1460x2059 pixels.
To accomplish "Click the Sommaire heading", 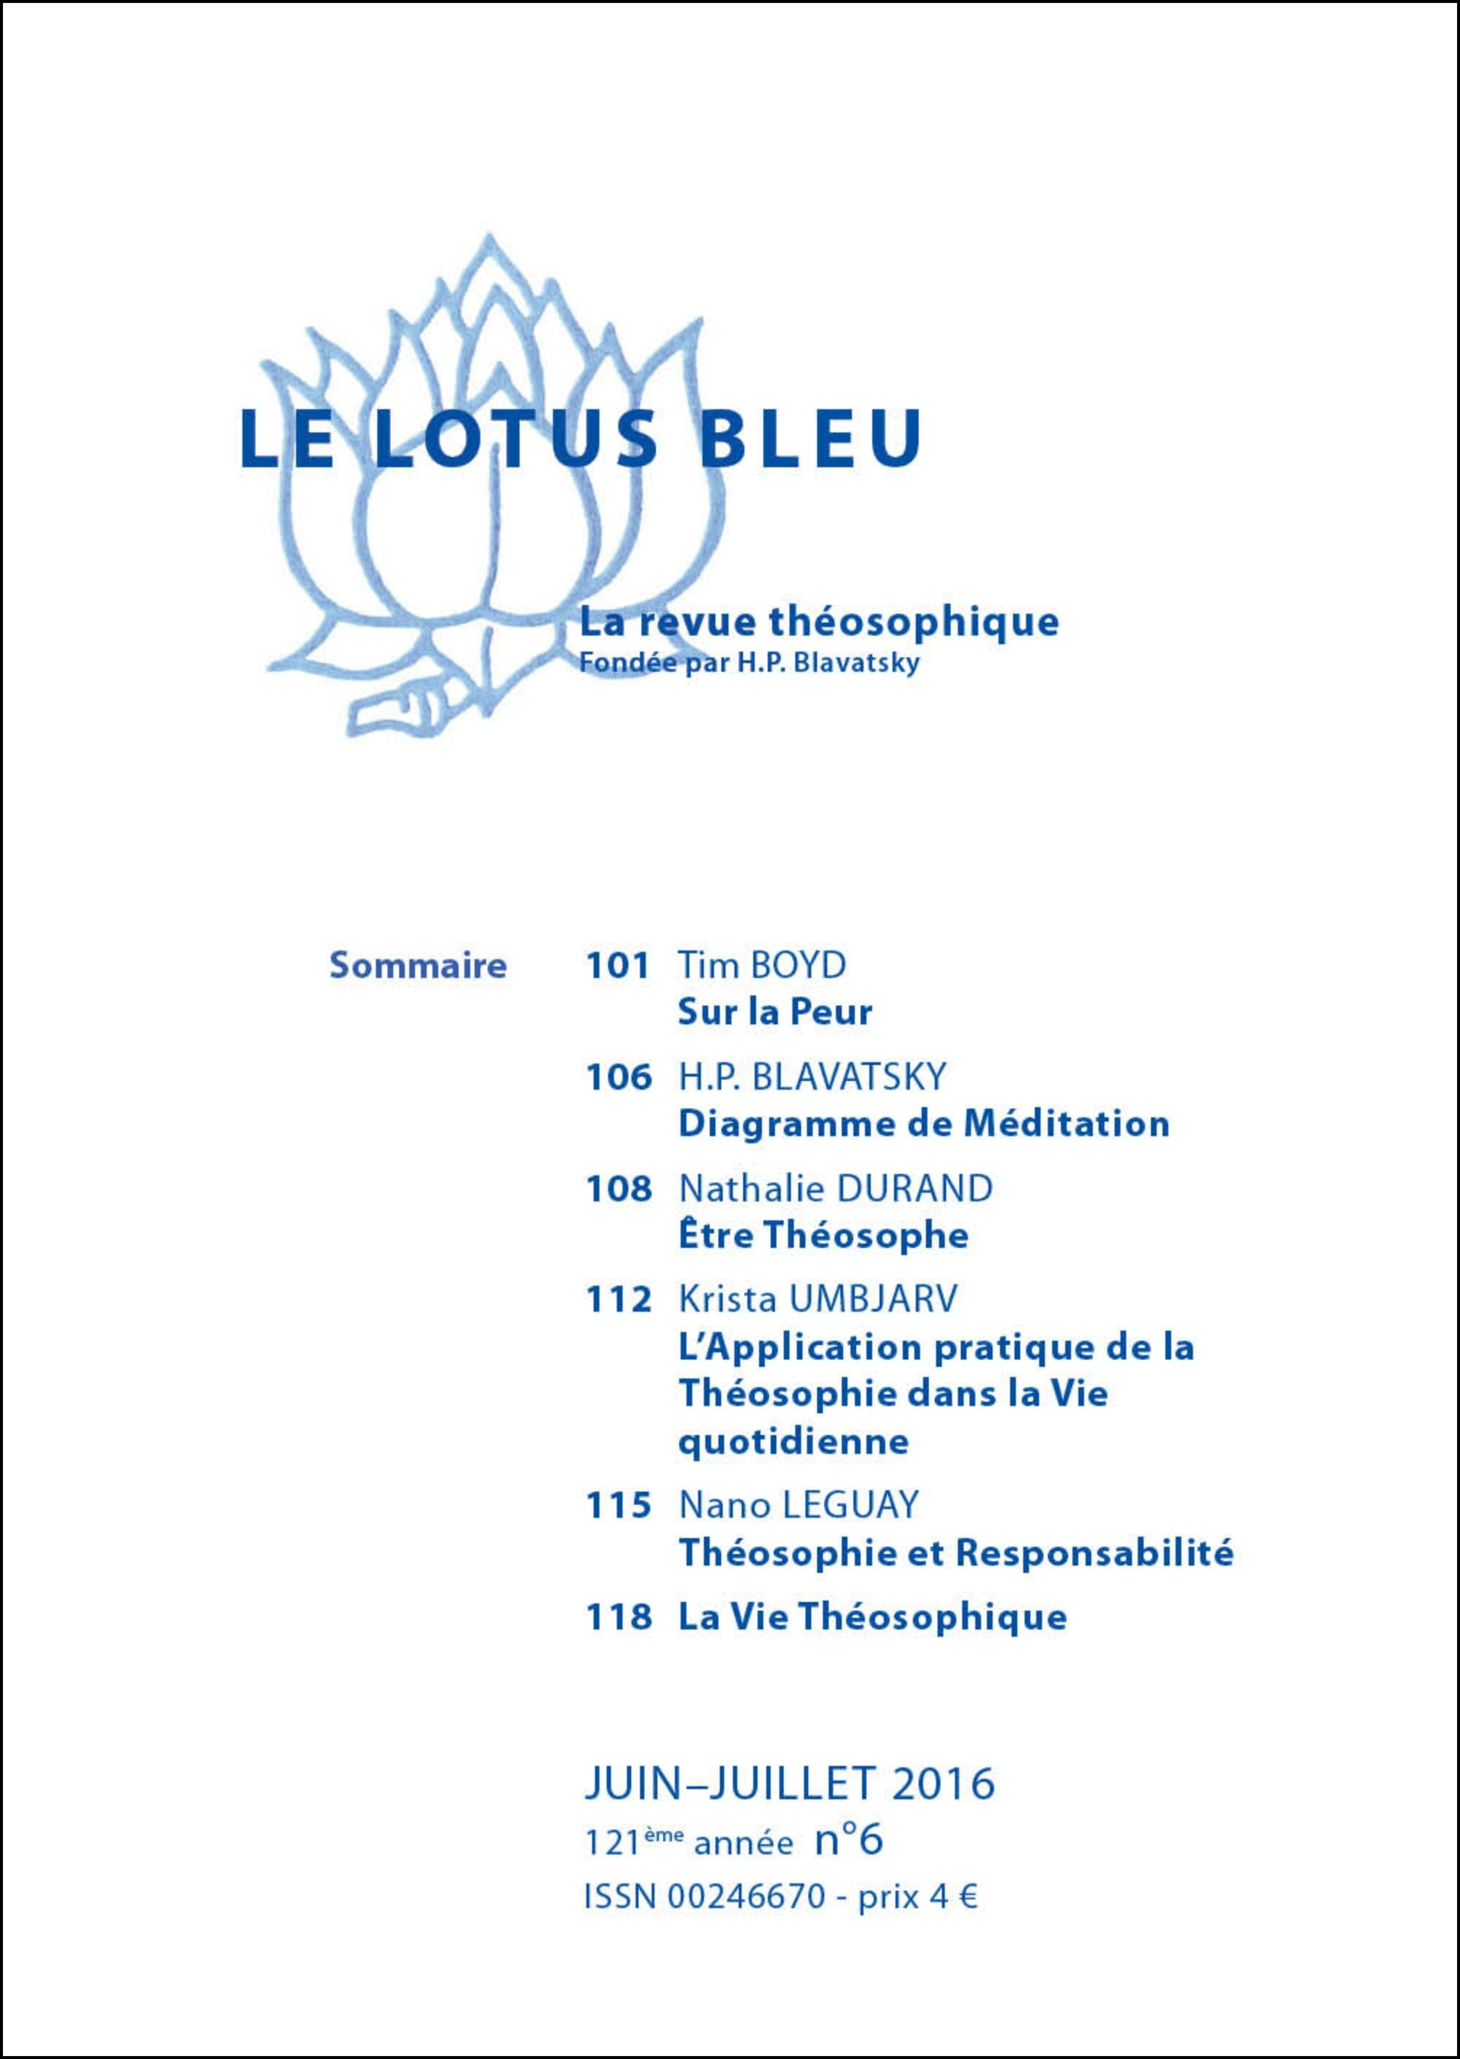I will coord(418,966).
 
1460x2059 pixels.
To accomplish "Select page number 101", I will coord(617,966).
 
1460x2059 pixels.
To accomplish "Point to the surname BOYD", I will coord(799,966).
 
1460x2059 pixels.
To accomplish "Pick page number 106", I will coord(617,1076).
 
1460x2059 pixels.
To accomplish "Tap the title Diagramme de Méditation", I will coord(924,1124).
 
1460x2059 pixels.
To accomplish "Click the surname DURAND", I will coord(915,1189).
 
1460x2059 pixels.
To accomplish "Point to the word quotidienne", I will coord(793,1442).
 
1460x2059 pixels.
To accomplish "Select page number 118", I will coord(617,1617).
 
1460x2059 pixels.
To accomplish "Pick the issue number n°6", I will coord(849,1840).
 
